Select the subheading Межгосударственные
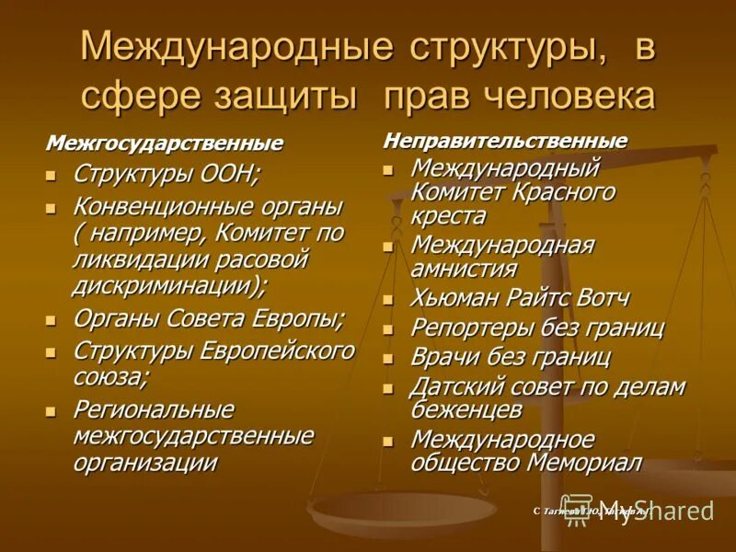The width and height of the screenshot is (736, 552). (165, 144)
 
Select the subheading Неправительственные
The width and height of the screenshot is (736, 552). (505, 141)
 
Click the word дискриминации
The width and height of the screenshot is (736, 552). (167, 285)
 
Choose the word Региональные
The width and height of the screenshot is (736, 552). (153, 409)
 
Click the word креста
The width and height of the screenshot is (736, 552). (448, 217)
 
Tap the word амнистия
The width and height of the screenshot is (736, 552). (464, 270)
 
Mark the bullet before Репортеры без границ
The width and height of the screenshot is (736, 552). (389, 329)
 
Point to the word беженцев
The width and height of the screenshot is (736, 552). (466, 410)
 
